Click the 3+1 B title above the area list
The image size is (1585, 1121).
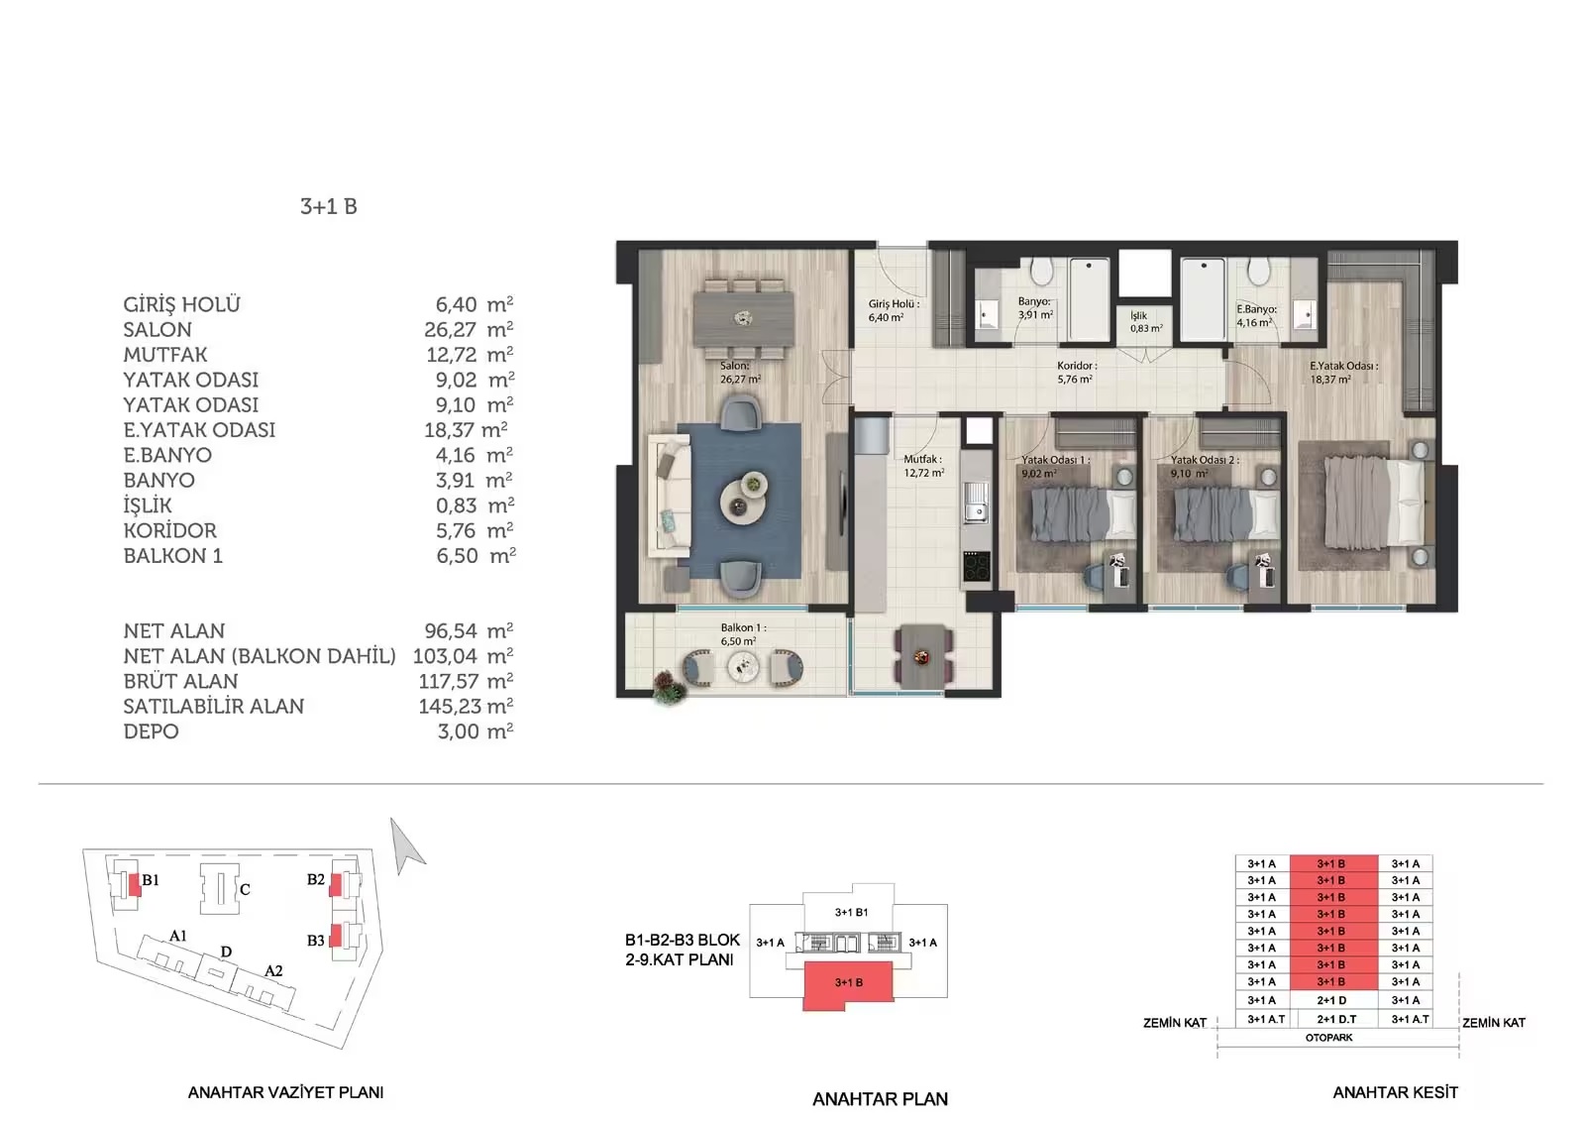pos(328,207)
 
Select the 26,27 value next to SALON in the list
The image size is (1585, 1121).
pos(450,330)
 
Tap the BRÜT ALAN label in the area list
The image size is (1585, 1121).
pos(180,681)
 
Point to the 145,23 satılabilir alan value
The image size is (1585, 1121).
pos(450,707)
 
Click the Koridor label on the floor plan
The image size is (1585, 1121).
pos(1076,366)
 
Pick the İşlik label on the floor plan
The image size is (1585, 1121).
pos(1138,316)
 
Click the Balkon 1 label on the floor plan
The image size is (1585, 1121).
pos(743,628)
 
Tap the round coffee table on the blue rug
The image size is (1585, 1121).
pos(743,498)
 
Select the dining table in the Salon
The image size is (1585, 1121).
pos(743,319)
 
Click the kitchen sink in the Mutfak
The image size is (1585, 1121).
pos(977,502)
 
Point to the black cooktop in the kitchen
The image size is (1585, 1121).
pos(977,566)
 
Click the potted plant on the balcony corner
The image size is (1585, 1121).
pos(669,687)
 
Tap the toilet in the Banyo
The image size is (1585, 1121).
pos(1041,272)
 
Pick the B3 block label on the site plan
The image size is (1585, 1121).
pos(316,942)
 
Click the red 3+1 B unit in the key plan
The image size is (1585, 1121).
pos(848,985)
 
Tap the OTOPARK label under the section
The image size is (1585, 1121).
pos(1328,1038)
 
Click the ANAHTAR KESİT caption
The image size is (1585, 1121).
pos(1396,1093)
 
